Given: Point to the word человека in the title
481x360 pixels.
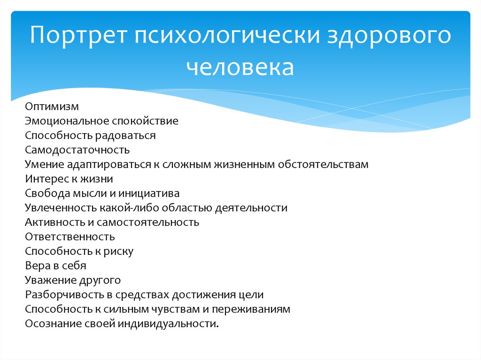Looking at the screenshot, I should coord(240,67).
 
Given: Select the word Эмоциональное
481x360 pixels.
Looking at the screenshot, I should coord(67,121).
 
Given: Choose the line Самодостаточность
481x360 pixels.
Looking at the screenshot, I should coord(77,150).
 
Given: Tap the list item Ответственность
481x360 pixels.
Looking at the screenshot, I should coord(70,237).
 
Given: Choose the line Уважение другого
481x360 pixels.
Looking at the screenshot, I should coord(73,280).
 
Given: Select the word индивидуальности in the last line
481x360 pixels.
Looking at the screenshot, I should coord(169,324).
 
